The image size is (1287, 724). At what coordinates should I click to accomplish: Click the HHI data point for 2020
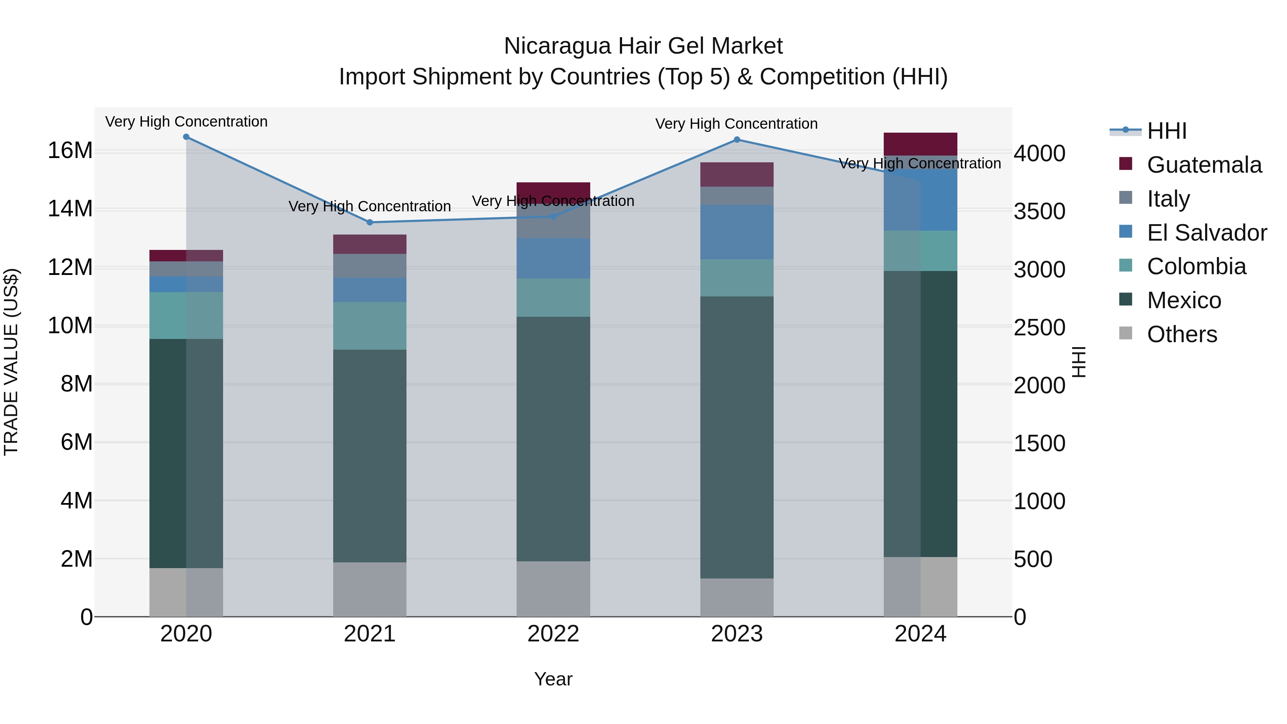coord(186,137)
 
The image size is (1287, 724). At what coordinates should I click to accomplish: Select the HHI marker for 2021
coord(370,222)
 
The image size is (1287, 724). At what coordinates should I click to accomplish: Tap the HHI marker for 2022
coord(553,216)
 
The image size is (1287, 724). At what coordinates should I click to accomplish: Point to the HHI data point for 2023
coord(737,140)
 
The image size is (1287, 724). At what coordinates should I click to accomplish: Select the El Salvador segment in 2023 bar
coord(737,232)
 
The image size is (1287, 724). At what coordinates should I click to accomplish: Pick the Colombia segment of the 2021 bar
coord(370,326)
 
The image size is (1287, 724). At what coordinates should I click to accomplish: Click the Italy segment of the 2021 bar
coord(370,266)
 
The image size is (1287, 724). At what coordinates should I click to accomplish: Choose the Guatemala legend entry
coord(1204,165)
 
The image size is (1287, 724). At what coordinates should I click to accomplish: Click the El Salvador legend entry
coord(1207,233)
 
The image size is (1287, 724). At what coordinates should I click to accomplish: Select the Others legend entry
coord(1182,334)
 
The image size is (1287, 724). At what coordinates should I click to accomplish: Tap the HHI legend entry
coord(1166,131)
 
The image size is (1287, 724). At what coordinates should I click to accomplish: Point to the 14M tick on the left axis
coord(70,209)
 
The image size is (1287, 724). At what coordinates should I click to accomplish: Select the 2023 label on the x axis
coord(737,634)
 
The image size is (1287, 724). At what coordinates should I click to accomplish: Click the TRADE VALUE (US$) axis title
coord(11,362)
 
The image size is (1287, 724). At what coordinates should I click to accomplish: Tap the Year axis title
coord(553,679)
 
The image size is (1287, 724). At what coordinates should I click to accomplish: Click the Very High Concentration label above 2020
coord(186,122)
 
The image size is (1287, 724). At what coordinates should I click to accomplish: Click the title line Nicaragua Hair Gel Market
coord(643,46)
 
